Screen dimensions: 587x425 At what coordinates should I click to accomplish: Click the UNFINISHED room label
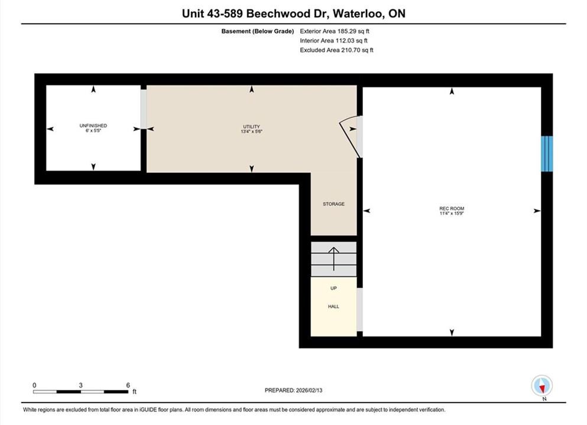93,126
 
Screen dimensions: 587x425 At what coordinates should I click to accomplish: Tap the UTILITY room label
252,127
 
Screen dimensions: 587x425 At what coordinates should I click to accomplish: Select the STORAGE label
333,204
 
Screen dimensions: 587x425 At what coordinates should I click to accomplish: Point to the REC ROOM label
452,208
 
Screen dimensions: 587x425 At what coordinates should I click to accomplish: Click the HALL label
333,306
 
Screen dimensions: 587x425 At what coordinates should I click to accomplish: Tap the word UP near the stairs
333,288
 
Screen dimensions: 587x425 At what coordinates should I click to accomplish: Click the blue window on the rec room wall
547,153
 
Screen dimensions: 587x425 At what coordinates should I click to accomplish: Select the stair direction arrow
334,259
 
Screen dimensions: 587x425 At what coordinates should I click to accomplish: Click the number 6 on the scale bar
128,385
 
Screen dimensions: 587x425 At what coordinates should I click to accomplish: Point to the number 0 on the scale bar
34,385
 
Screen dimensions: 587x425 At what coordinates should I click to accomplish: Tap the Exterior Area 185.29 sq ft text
335,31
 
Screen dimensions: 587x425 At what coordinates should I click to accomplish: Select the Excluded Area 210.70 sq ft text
336,50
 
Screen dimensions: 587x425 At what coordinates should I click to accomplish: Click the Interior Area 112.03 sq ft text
333,41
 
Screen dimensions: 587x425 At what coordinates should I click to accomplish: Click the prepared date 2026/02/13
309,390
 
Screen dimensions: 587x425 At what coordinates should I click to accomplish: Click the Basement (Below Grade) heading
258,31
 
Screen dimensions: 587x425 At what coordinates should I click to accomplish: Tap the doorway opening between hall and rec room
360,309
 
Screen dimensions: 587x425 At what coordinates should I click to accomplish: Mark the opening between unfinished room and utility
144,109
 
